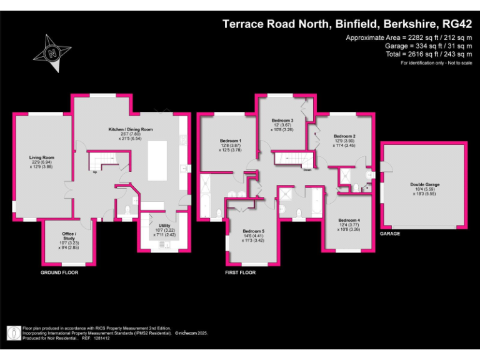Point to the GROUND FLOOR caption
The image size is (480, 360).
pos(59,273)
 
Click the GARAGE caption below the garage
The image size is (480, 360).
pos(390,233)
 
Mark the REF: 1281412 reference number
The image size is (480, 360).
pos(99,338)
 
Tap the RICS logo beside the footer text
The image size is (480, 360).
pos(12,333)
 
